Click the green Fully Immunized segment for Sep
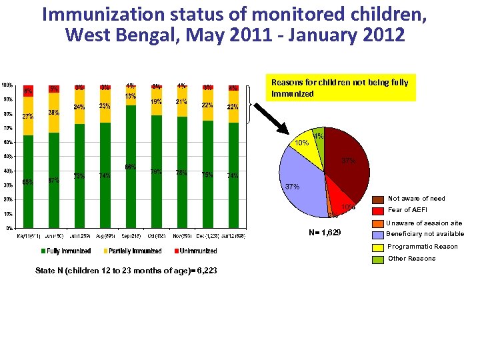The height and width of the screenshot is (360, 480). (131, 180)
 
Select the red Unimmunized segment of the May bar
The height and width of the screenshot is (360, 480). (28, 91)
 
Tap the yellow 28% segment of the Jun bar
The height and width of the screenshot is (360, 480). (53, 112)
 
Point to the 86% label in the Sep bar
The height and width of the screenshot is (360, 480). (131, 167)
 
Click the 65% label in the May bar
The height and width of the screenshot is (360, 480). (28, 181)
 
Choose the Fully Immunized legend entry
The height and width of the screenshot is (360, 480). (67, 251)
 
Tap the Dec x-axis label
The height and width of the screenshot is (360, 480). (207, 235)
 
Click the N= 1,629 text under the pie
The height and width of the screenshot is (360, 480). (325, 233)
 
